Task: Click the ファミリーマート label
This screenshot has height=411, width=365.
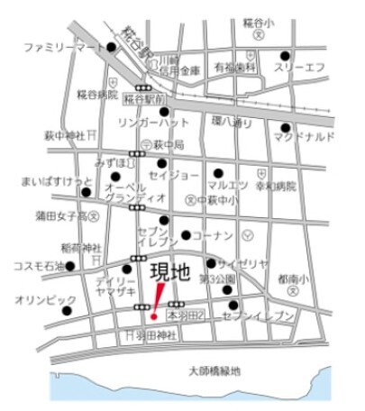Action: coord(62,46)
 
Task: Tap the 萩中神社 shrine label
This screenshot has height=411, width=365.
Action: coord(65,135)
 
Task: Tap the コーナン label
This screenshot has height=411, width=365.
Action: coord(210,236)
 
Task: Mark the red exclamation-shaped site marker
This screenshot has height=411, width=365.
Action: coord(156,301)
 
